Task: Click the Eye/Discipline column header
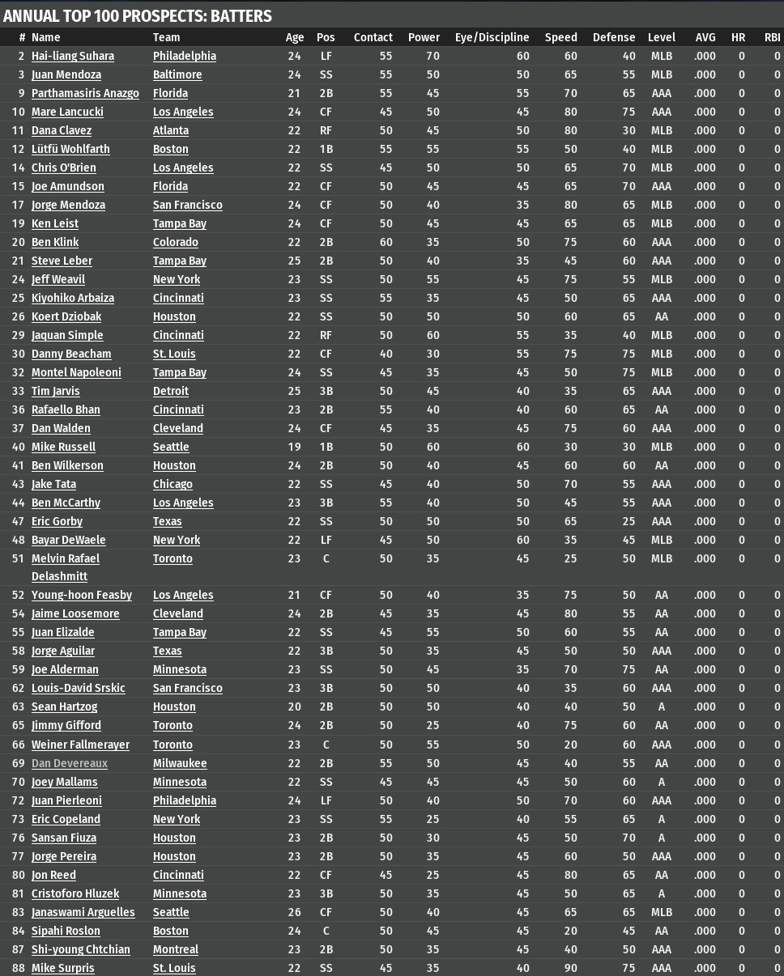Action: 492,37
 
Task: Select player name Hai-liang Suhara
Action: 72,56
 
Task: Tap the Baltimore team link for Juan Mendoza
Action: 177,74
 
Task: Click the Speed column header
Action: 560,37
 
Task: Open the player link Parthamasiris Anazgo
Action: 85,93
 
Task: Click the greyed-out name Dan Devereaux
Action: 69,763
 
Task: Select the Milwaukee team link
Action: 179,763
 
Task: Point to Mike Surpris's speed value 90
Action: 570,968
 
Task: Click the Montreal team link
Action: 175,949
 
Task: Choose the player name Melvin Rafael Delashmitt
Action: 66,567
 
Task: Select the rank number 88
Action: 19,968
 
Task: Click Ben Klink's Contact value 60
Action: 386,242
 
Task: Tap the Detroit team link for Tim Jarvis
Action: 170,391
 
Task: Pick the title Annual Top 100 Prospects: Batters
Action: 138,16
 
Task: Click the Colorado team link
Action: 175,242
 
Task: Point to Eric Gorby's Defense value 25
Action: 628,521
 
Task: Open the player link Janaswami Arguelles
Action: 83,912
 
